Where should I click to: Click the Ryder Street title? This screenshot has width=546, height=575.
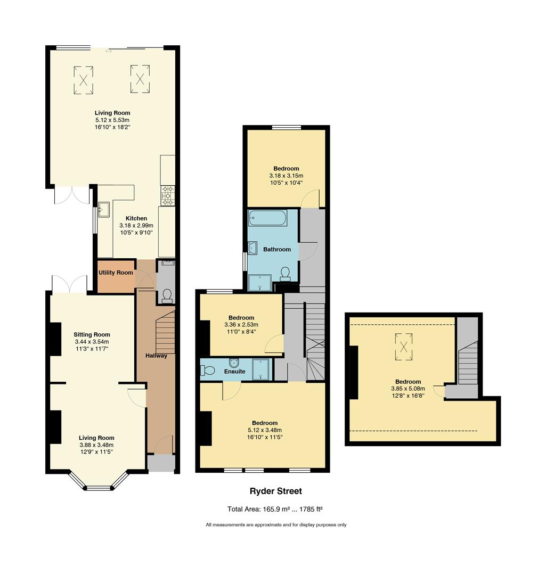275,491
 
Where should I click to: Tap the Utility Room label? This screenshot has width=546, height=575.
116,273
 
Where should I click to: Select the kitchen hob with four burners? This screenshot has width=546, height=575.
168,195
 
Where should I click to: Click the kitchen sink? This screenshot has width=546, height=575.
104,209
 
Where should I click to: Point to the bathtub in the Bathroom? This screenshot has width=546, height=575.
267,218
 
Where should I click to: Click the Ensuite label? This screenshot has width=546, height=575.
234,372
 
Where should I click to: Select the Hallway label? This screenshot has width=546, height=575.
156,355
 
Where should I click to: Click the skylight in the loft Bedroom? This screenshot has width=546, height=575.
403,347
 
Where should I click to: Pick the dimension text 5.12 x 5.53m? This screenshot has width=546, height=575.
112,120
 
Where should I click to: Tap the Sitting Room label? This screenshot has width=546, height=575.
92,334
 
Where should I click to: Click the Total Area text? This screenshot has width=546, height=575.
275,509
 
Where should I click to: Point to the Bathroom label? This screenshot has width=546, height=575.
276,249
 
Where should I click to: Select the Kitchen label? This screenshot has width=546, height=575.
136,218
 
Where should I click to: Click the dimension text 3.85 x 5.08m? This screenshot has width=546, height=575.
408,389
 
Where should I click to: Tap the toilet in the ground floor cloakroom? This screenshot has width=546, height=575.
167,295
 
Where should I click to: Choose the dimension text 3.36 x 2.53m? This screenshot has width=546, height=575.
241,325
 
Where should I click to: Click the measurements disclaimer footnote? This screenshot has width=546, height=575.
276,525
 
